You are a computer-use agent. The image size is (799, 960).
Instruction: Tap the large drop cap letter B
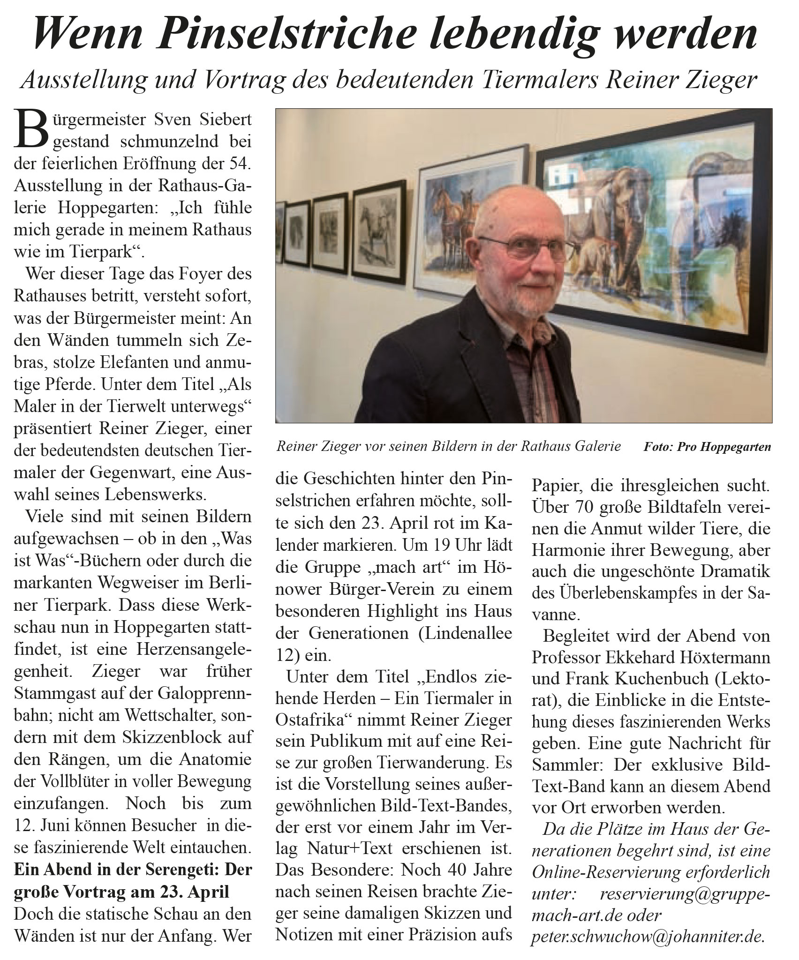(29, 129)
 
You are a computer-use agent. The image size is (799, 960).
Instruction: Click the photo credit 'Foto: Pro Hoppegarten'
(707, 446)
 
